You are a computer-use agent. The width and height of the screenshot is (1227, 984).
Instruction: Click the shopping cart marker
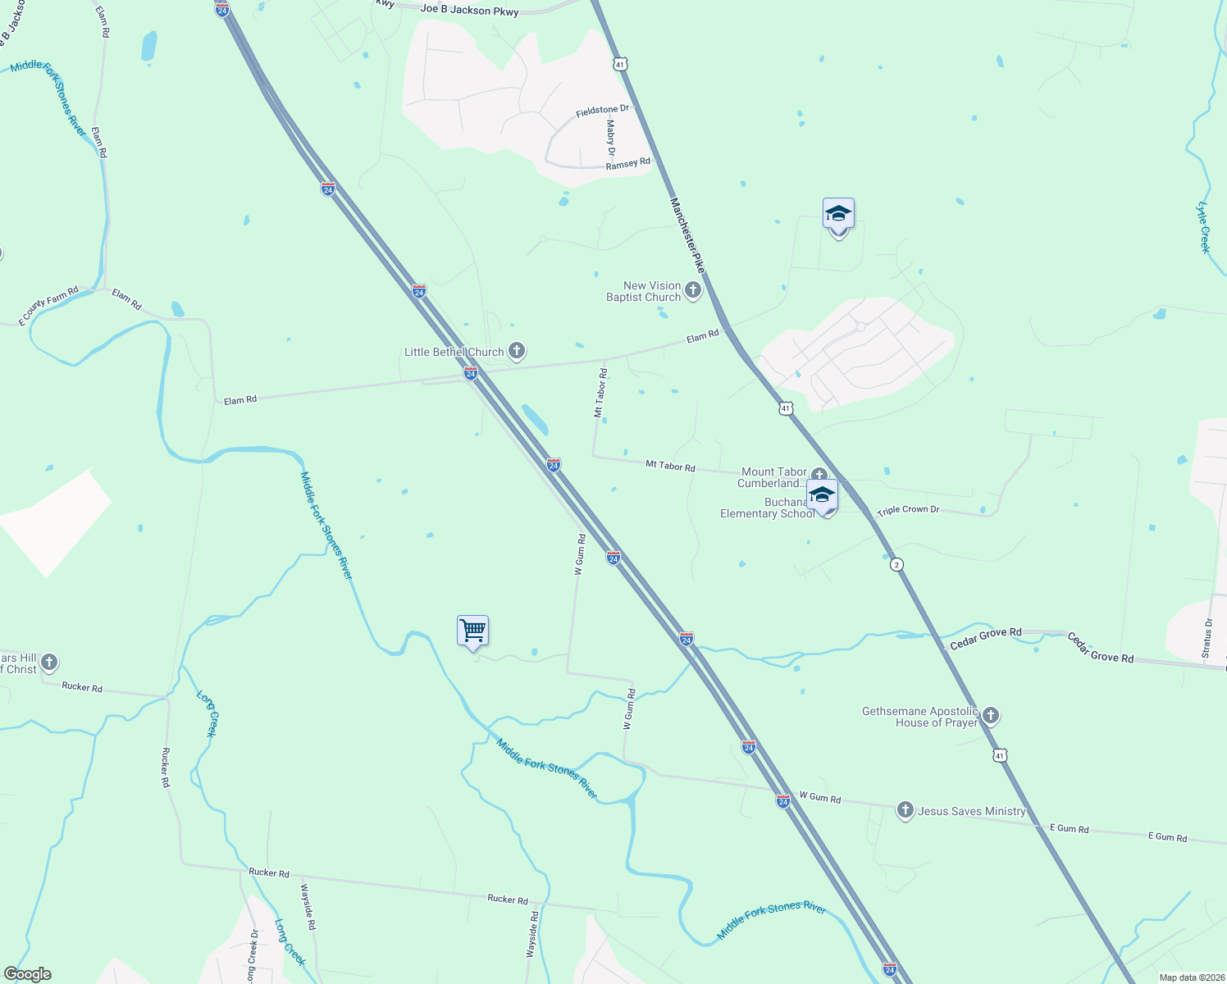coord(472,631)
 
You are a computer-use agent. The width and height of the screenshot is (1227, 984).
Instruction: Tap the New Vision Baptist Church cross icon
coord(693,290)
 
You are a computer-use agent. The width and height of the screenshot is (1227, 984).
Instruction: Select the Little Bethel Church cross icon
coord(516,352)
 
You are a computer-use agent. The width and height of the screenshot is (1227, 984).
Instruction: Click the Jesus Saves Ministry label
coord(972,811)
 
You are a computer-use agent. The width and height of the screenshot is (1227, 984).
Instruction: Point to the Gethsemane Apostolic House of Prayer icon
coord(991,717)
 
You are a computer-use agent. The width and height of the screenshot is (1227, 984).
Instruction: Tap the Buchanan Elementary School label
coord(767,508)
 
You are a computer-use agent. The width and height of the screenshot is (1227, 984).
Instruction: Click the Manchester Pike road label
coord(687,235)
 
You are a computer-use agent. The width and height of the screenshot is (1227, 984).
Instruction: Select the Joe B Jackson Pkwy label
coord(469,11)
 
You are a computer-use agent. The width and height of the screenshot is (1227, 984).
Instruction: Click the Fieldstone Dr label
coord(602,111)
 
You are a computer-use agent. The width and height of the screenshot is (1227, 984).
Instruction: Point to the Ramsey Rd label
coord(627,164)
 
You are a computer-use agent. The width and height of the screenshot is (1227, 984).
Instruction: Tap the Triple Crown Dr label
coord(908,510)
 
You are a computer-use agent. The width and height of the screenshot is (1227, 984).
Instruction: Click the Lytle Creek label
coord(1203,227)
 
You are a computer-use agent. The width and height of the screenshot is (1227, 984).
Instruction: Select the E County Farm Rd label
coord(48,306)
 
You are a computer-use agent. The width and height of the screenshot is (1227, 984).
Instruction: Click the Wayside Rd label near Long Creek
coord(308,906)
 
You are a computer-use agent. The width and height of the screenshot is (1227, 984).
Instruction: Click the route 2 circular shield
coord(896,564)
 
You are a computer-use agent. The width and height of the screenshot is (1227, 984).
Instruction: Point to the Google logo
coord(27,974)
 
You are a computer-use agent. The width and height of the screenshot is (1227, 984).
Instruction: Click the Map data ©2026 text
coord(1189,977)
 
